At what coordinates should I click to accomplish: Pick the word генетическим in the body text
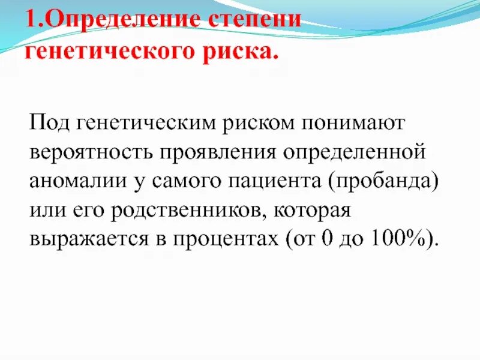click(x=145, y=124)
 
